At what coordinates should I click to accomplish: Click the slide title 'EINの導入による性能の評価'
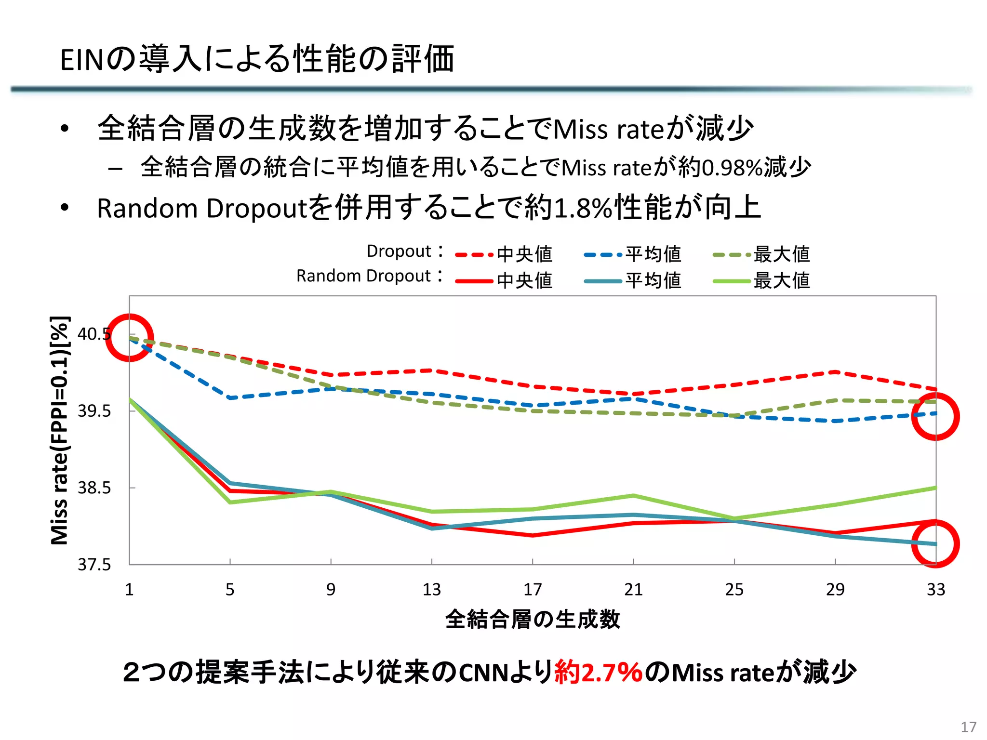[257, 60]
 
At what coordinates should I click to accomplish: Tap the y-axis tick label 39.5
[94, 411]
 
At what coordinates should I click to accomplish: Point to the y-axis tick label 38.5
[94, 488]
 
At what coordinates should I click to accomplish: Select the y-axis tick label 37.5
[94, 564]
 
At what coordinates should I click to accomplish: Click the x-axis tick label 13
[431, 589]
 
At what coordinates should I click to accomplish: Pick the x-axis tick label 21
[633, 589]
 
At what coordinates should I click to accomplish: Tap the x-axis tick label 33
[936, 589]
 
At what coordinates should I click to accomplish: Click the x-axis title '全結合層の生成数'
[532, 619]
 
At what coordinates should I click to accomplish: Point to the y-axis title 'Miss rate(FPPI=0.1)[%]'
[60, 430]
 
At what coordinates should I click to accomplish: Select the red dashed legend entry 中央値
[504, 254]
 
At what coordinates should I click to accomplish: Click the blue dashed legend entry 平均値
[632, 254]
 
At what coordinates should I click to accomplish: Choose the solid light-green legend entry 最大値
[761, 280]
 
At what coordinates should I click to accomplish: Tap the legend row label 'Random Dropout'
[363, 276]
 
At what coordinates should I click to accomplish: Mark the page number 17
[968, 727]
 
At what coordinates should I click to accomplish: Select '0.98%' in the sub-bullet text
[732, 168]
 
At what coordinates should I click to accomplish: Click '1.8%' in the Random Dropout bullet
[583, 209]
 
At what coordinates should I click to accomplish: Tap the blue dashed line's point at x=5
[230, 398]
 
